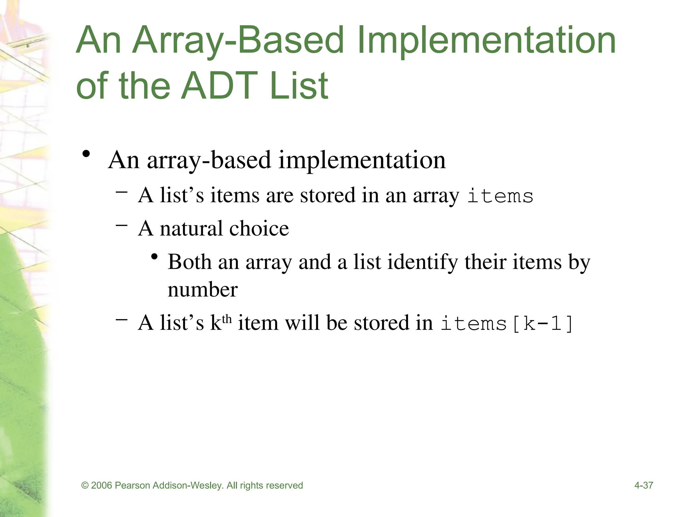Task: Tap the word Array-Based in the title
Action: pyautogui.click(x=238, y=40)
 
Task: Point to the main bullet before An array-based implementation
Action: pyautogui.click(x=86, y=154)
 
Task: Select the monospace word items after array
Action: pyautogui.click(x=500, y=196)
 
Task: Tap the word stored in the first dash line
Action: pyautogui.click(x=327, y=195)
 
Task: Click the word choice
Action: pyautogui.click(x=259, y=229)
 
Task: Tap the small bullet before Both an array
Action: pyautogui.click(x=154, y=257)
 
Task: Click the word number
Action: pyautogui.click(x=203, y=289)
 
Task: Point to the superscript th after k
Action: pyautogui.click(x=227, y=318)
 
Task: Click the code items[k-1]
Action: pyautogui.click(x=507, y=323)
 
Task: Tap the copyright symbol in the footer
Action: pyautogui.click(x=85, y=485)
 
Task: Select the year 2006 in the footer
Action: pyautogui.click(x=101, y=485)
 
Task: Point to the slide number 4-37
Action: pyautogui.click(x=644, y=485)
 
